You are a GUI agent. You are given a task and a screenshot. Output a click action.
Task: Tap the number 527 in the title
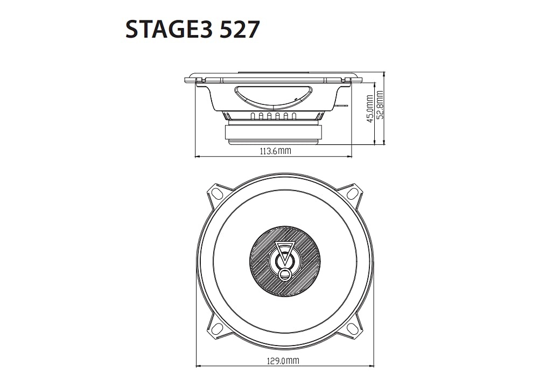click(x=239, y=29)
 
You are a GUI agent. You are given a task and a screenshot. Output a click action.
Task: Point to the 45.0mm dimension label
click(x=370, y=109)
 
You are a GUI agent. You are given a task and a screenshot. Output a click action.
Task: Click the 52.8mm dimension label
click(x=380, y=105)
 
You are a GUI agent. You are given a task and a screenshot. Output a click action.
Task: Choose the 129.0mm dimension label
click(x=283, y=361)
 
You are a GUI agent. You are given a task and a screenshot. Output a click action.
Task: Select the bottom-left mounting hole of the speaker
click(x=217, y=329)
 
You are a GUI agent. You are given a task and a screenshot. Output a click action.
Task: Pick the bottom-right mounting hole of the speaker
click(x=352, y=329)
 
